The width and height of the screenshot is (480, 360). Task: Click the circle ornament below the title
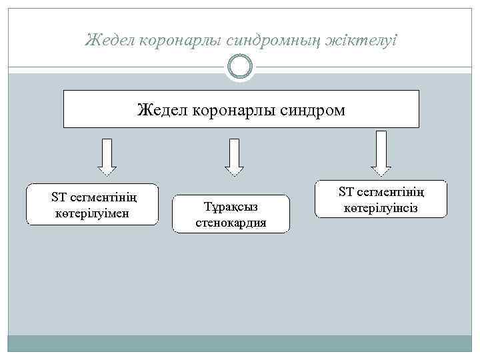click(240, 66)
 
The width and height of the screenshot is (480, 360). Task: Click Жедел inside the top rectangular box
click(163, 109)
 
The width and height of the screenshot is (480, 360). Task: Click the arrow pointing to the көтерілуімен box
click(107, 157)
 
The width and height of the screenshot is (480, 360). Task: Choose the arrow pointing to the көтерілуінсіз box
click(381, 153)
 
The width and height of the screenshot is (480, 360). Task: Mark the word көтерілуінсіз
click(381, 209)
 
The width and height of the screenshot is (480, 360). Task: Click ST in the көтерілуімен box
click(59, 198)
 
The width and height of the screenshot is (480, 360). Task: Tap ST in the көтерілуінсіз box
click(346, 193)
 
